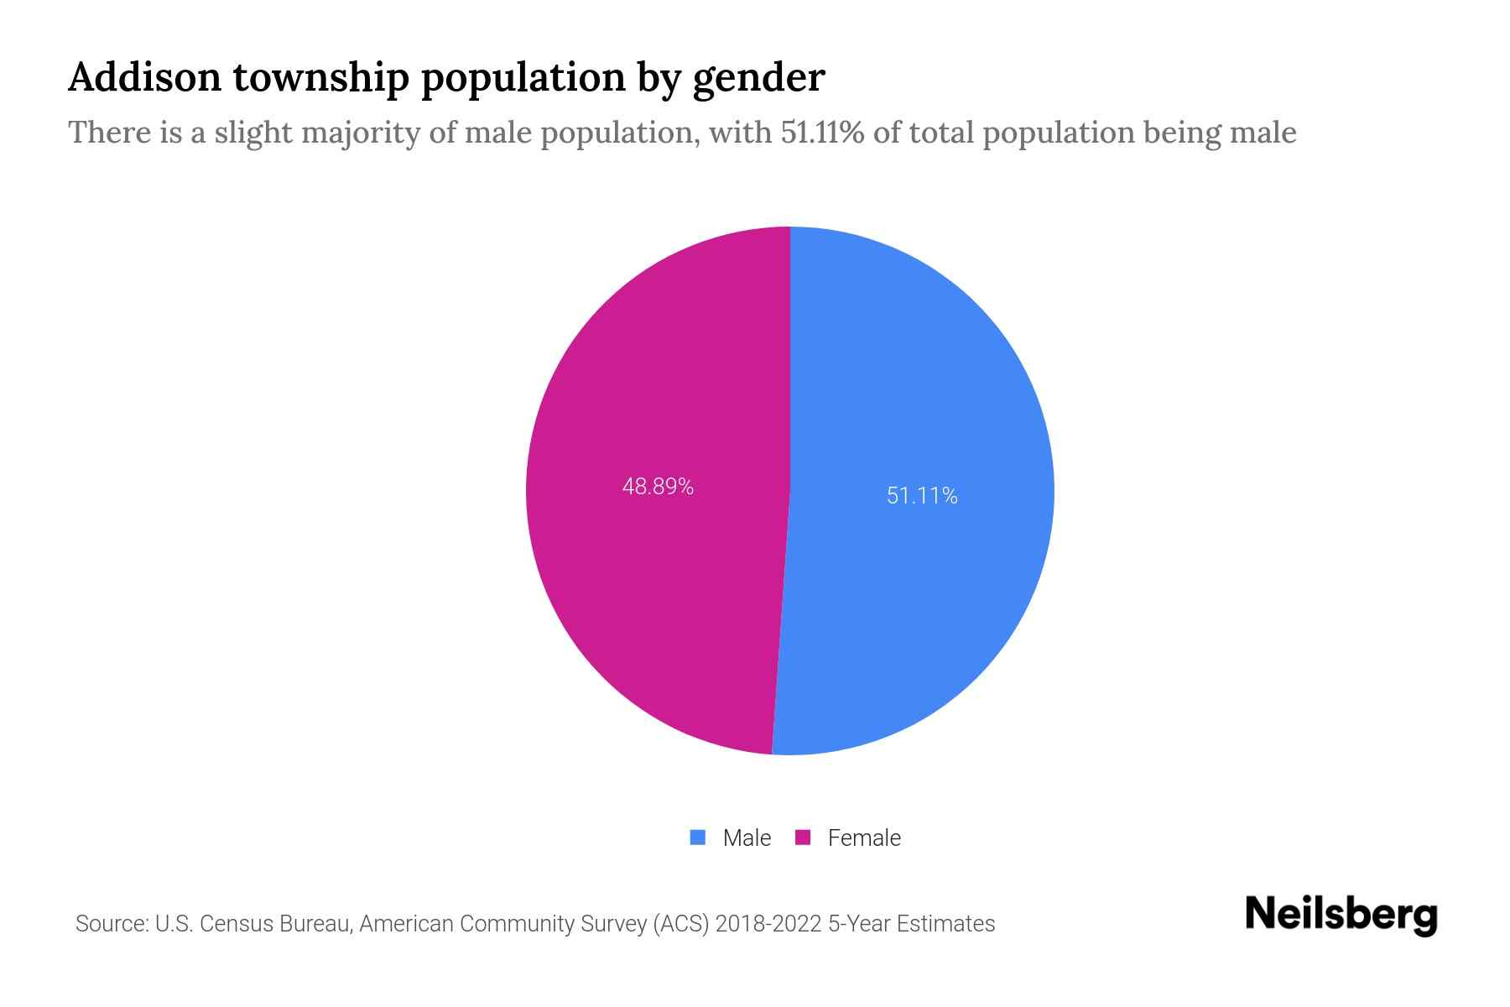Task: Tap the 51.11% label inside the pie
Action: [922, 496]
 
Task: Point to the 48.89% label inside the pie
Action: [658, 487]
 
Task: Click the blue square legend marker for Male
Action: [697, 837]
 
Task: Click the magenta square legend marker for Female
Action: [803, 837]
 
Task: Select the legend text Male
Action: [747, 837]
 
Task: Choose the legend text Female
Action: [864, 837]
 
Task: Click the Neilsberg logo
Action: [1341, 915]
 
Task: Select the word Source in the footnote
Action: [111, 924]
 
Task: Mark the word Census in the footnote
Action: [237, 924]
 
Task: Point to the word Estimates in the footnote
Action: [945, 924]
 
